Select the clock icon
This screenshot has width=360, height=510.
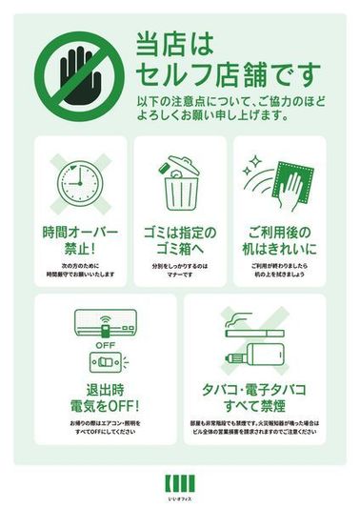(x=79, y=182)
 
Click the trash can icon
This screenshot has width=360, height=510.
(x=179, y=183)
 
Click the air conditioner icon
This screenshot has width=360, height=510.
(x=105, y=324)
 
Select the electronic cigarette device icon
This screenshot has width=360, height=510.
(x=254, y=358)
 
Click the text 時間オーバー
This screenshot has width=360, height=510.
(x=80, y=233)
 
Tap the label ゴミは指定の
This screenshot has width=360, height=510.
(x=179, y=233)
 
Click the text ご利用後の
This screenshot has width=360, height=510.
(x=280, y=233)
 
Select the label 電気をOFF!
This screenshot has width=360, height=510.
(x=106, y=408)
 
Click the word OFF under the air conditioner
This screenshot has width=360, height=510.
(x=105, y=345)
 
